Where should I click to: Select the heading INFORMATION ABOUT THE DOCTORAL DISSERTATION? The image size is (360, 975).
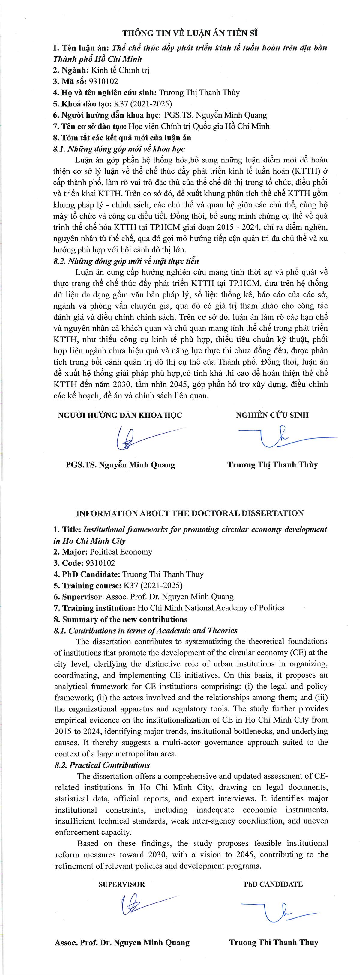pos(190,514)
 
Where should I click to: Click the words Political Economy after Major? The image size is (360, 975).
pos(121,552)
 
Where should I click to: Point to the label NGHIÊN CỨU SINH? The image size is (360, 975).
pos(272,415)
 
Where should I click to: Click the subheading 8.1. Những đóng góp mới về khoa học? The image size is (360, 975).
pos(119,149)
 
